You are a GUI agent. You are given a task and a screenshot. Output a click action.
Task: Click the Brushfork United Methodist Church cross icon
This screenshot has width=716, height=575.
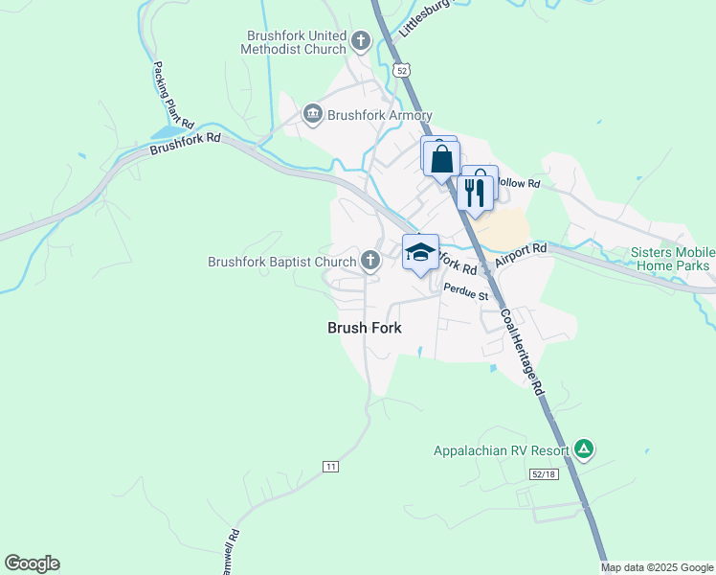point(361,40)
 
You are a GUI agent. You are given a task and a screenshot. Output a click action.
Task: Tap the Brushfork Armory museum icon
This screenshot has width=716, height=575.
point(313,115)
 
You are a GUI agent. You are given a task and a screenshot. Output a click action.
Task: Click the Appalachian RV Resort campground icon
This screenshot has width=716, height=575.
point(584,449)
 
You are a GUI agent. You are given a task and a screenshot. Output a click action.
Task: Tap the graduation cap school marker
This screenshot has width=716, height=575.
point(420,253)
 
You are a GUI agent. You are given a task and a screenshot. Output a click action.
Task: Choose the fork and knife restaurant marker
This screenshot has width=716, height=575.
point(476,192)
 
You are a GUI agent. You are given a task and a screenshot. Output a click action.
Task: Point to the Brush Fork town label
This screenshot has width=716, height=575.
point(364,328)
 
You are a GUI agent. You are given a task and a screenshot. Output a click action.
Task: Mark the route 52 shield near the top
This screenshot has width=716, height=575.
point(401,69)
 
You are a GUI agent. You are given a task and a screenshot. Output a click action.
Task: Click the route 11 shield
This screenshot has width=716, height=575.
point(330,466)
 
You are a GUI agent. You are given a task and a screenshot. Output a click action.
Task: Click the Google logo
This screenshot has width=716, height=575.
point(32,563)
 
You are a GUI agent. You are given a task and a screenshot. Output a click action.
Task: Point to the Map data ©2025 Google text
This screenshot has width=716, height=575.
point(658,567)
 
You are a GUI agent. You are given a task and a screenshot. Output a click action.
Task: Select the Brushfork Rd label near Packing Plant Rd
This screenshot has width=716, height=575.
point(185,143)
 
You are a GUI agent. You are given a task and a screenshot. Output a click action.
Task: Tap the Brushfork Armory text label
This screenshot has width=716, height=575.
point(380,115)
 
